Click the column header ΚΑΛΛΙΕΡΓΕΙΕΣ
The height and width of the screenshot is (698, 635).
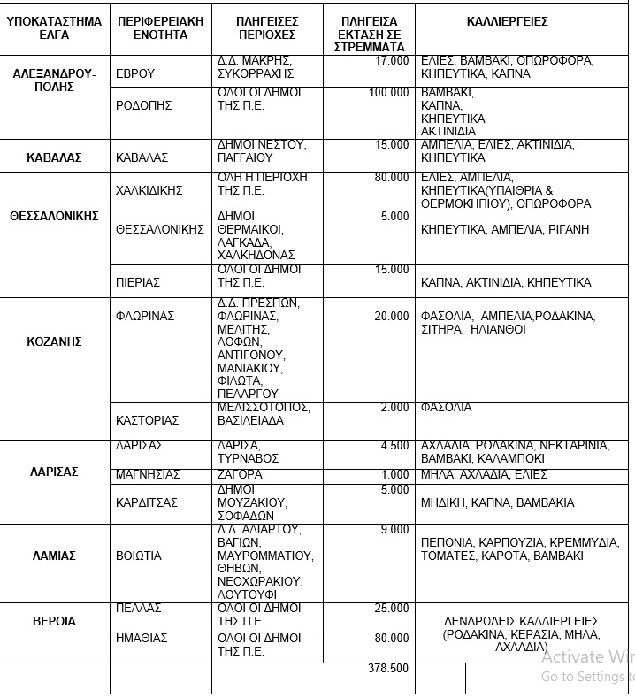point(507,21)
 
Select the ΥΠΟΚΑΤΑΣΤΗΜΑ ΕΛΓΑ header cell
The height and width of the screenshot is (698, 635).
point(54,27)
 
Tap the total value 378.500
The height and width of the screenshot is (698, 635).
point(388,669)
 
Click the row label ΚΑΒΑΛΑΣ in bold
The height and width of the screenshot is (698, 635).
point(54,157)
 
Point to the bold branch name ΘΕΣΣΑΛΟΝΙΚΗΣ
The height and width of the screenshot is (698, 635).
point(54,216)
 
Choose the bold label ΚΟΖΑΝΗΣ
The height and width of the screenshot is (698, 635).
point(54,341)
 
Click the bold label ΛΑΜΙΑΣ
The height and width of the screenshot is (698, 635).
point(54,556)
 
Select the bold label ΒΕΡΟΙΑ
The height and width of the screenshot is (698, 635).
point(54,621)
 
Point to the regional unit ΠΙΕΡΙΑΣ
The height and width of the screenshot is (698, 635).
point(138,282)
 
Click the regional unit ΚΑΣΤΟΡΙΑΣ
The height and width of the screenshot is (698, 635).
point(148,420)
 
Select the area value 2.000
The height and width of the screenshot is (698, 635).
point(394,408)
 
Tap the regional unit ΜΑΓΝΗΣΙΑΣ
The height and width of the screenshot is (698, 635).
point(148,475)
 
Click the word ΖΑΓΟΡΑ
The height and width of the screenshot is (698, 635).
point(240,475)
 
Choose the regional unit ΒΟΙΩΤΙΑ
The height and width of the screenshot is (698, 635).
point(139,556)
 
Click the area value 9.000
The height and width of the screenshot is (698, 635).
point(394,530)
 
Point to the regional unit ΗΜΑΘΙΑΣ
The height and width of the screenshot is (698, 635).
point(142,638)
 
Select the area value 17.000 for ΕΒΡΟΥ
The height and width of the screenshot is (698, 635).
point(392,61)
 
